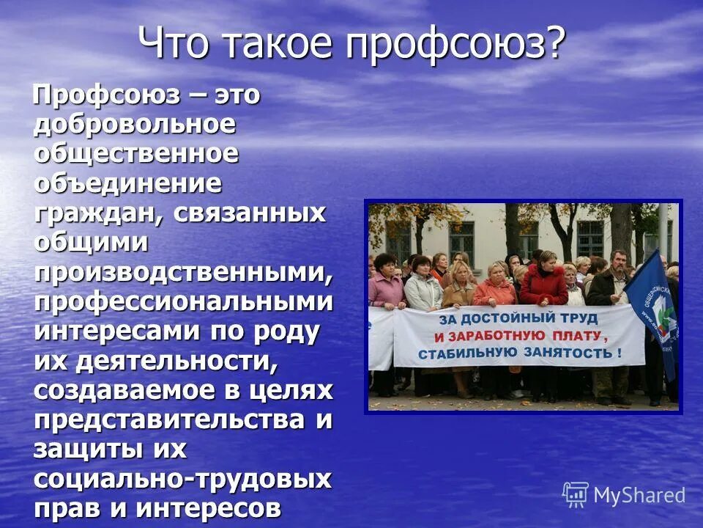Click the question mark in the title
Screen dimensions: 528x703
click(x=555, y=44)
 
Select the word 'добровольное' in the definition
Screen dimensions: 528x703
click(x=135, y=125)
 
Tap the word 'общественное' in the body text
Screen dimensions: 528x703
click(x=136, y=153)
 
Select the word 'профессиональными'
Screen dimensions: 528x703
click(x=183, y=301)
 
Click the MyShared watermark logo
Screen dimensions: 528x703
click(x=624, y=495)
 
